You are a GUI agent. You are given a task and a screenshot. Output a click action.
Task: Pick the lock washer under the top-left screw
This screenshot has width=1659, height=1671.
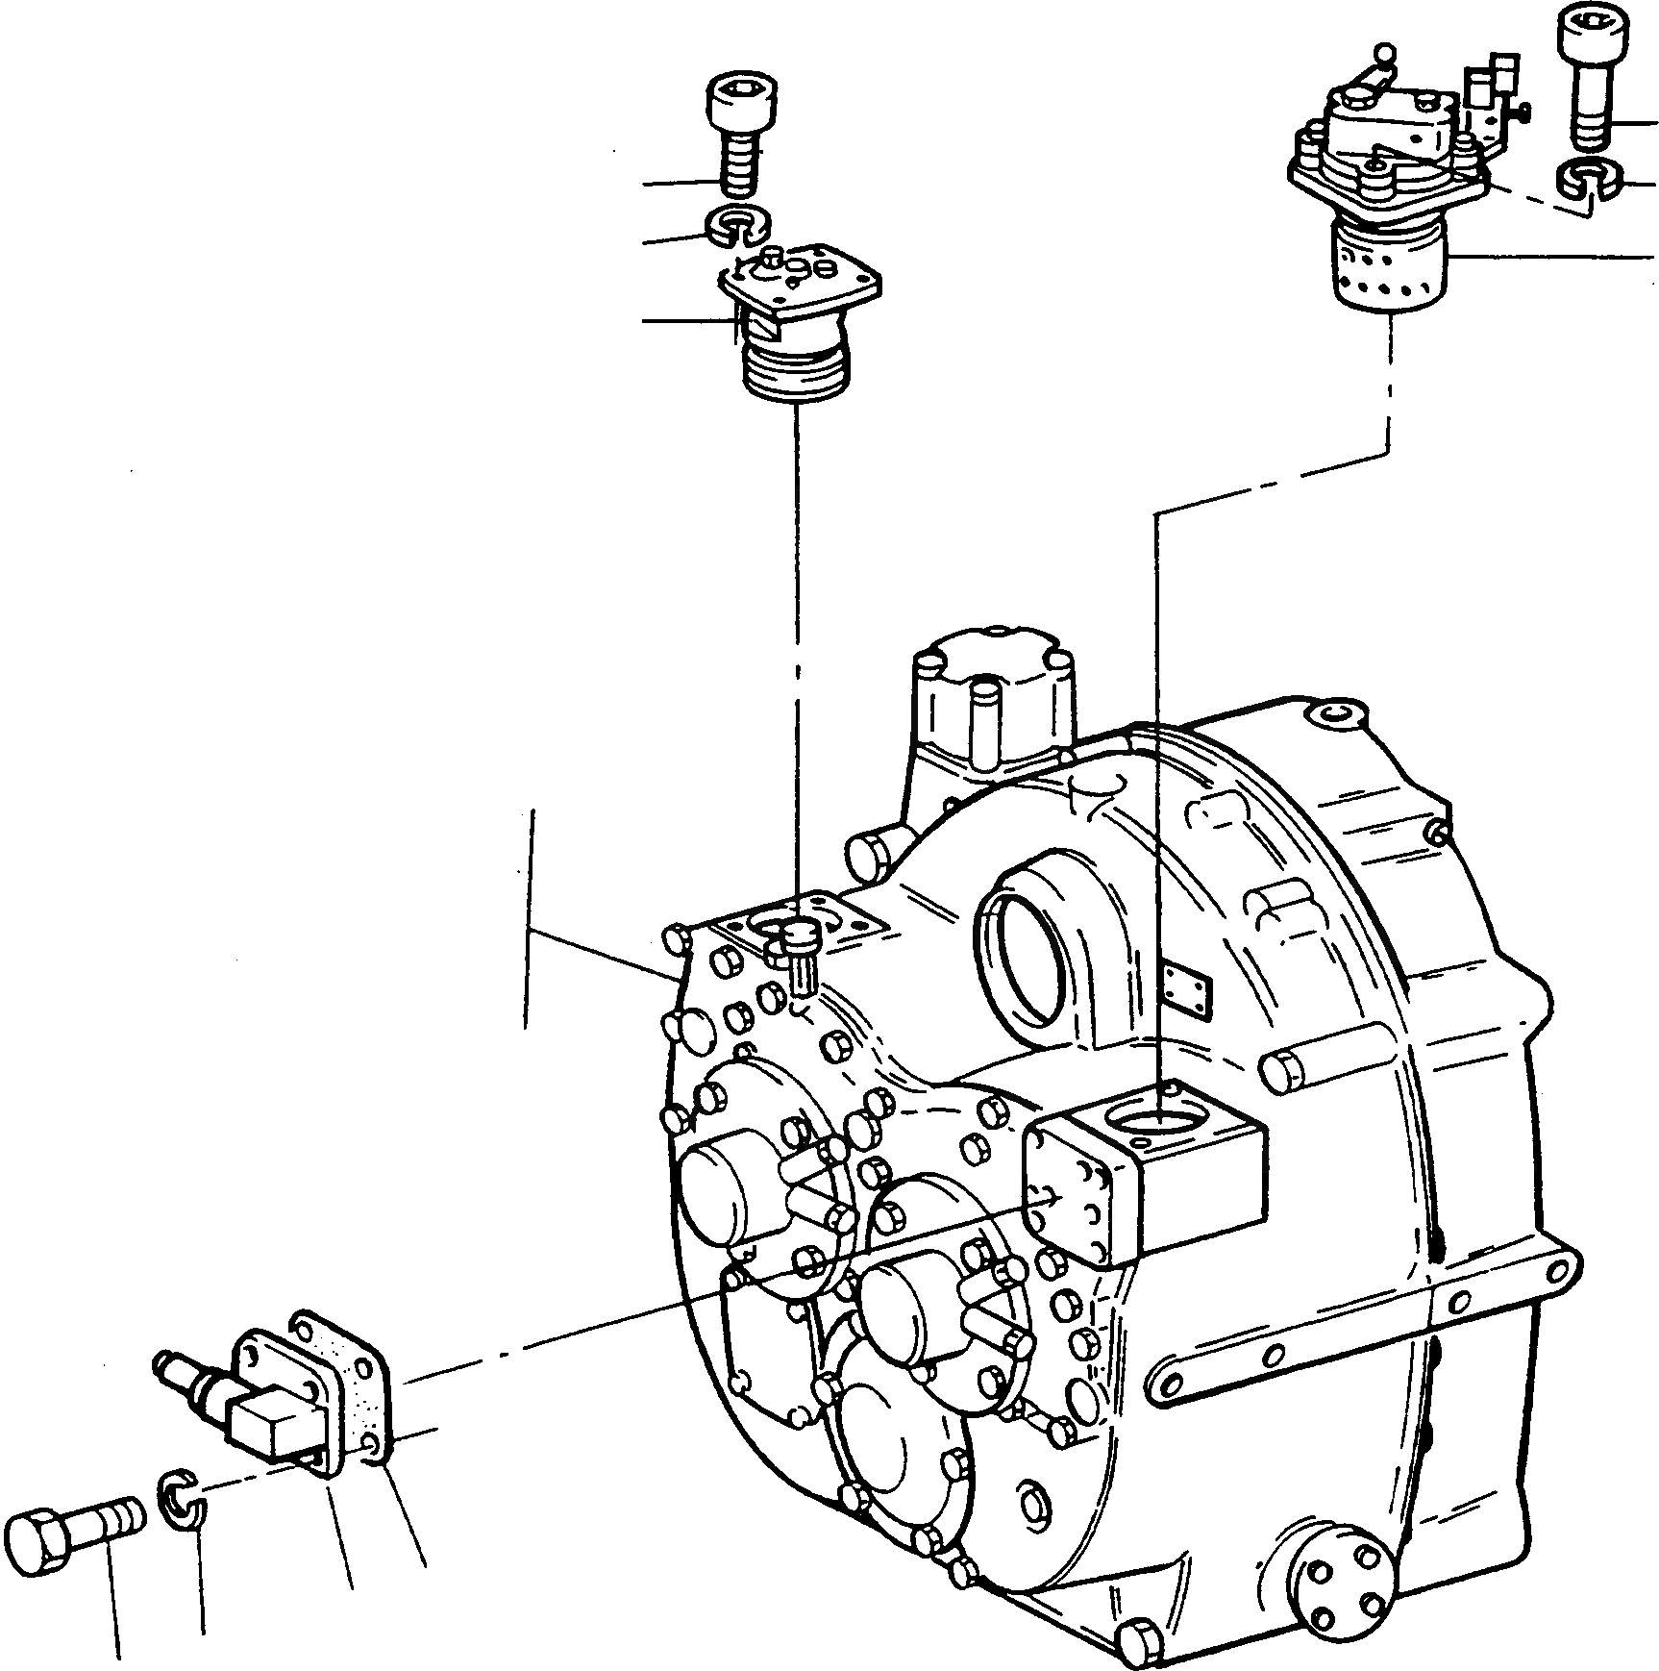pos(738,227)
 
